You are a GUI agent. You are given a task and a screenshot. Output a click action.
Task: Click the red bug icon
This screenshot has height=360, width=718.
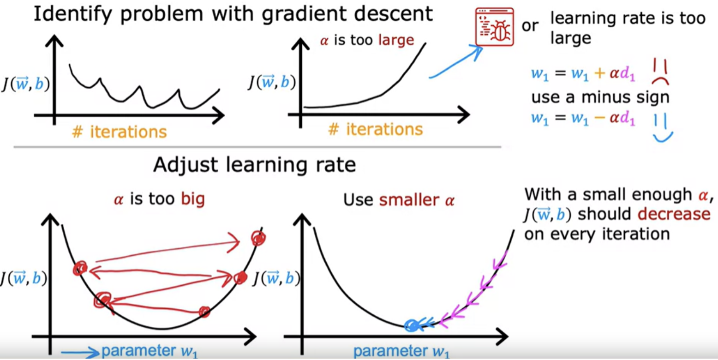[x=495, y=27]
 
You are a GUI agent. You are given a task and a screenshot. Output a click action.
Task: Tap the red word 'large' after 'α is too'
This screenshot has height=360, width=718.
[x=396, y=41]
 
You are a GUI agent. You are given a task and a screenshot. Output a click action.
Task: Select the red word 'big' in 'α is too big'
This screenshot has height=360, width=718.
[x=193, y=200]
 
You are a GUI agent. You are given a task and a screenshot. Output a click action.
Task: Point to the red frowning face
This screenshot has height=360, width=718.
[x=660, y=72]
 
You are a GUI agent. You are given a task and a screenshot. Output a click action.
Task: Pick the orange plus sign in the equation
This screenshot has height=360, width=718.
[x=599, y=73]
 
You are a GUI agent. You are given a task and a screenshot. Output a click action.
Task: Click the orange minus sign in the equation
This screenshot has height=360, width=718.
[x=599, y=118]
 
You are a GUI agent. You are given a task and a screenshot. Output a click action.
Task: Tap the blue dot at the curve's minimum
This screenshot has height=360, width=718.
[x=412, y=326]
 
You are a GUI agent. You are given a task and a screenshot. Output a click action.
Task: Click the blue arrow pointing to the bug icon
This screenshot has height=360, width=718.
[x=456, y=62]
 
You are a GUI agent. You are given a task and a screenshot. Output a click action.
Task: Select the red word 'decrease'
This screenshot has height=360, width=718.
[x=674, y=214]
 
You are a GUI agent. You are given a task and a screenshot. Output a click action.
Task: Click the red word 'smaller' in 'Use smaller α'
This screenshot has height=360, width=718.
[x=409, y=200]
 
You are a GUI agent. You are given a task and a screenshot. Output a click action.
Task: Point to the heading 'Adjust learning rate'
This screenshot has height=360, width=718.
[x=255, y=165]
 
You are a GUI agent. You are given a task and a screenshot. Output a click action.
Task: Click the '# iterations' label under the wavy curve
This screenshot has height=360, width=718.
[x=119, y=132]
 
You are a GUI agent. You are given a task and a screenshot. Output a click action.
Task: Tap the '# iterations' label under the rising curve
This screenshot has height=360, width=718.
[x=376, y=130]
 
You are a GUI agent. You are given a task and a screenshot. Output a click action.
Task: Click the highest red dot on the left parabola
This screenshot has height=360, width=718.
[x=258, y=238]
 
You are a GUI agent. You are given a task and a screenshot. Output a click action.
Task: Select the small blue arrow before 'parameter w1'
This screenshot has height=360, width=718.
[x=80, y=353]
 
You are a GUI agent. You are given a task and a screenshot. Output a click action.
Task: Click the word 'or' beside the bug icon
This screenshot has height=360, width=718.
[x=530, y=26]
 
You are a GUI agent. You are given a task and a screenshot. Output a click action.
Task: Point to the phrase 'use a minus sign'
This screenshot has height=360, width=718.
[x=600, y=97]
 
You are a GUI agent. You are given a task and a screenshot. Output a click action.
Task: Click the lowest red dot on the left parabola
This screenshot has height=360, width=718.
[x=204, y=312]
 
